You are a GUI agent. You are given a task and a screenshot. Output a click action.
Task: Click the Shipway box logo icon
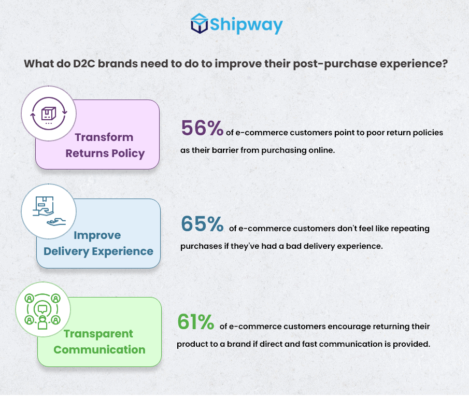coord(200,23)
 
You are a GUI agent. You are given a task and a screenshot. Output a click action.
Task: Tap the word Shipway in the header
coord(246,25)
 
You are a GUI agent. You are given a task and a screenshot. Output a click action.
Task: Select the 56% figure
coord(202,128)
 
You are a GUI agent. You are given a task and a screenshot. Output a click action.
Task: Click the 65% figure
coord(202,224)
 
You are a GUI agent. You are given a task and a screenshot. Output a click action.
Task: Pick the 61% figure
coord(195,322)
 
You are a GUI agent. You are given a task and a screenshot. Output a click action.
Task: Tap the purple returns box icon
coord(49,114)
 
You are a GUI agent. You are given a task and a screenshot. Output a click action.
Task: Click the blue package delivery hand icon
coord(49,211)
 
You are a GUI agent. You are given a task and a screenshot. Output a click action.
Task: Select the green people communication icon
coord(42,311)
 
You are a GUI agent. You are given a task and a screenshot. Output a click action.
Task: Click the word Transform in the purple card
coord(104,137)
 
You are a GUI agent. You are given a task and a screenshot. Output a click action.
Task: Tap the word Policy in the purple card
coord(129,154)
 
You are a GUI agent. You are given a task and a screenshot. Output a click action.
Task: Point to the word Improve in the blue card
coord(97,235)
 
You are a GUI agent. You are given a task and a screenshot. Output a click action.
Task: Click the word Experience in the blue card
coord(123,251)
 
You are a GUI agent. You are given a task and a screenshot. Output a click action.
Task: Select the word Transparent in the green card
coord(98,334)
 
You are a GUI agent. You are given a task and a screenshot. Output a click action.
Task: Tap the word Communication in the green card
coord(100,350)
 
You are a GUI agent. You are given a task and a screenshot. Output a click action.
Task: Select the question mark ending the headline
coord(445,63)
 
